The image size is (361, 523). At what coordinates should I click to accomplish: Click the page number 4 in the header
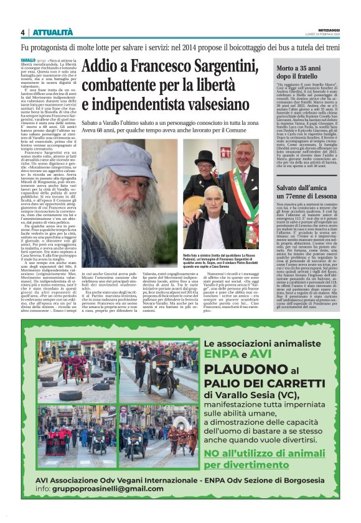click(x=22, y=32)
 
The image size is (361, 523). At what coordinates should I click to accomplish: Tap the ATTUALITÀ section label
click(x=52, y=32)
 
